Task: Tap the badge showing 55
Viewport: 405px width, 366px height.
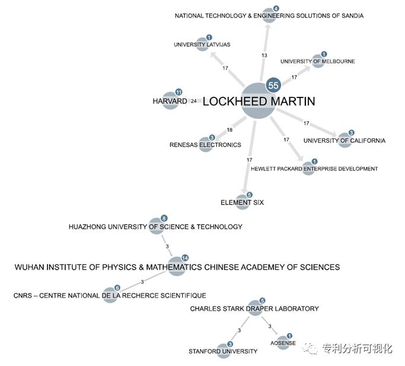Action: coord(273,85)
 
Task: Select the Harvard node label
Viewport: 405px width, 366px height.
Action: coord(170,101)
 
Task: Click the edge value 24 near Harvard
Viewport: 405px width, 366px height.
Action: coord(194,101)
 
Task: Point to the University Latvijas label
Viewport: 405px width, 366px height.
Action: coord(202,45)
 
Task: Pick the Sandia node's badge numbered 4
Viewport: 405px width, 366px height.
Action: coord(276,9)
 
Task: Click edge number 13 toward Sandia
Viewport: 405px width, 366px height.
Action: coord(264,55)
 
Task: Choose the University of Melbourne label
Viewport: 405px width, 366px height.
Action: coord(318,61)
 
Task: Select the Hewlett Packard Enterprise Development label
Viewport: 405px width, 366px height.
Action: coord(314,169)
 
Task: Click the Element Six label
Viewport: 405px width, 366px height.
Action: coord(242,203)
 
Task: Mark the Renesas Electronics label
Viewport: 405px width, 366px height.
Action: coord(205,144)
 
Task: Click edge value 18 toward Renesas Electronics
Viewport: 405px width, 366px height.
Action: coord(229,130)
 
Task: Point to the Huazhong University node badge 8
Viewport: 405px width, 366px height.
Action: coord(164,219)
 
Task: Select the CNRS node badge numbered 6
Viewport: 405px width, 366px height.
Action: coord(117,288)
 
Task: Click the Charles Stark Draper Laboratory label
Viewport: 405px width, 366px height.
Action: coord(254,308)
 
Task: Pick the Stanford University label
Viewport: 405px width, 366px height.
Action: coord(223,351)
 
